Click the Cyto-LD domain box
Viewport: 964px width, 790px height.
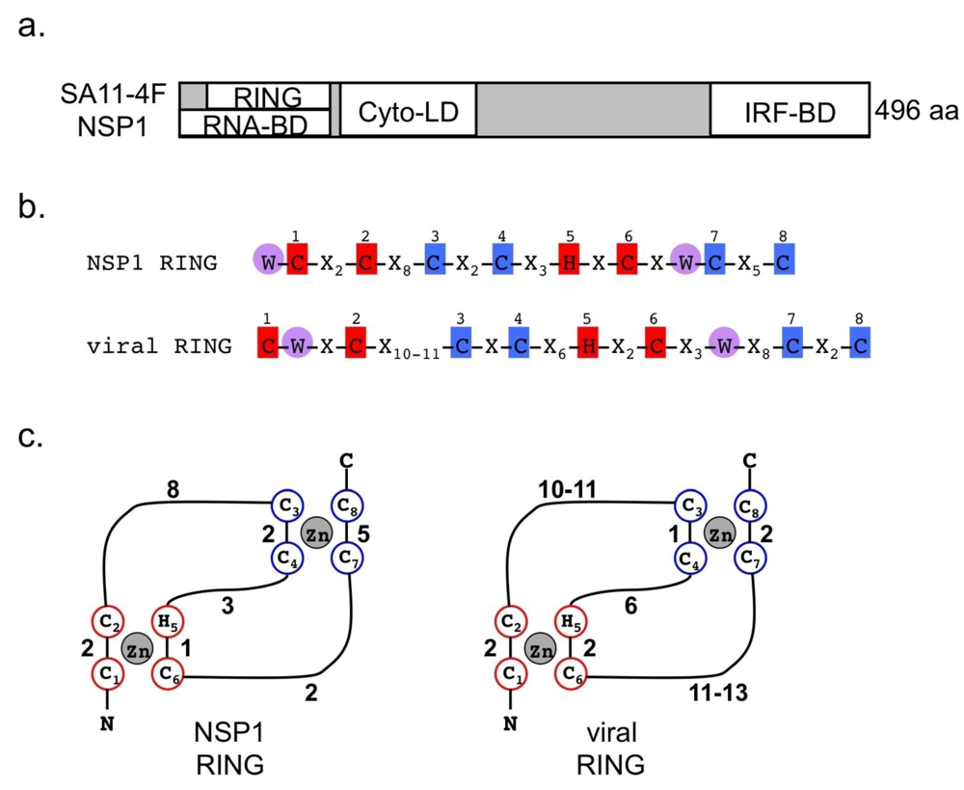408,116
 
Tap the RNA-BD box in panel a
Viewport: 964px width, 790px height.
254,124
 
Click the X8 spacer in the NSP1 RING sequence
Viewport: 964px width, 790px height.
402,262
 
